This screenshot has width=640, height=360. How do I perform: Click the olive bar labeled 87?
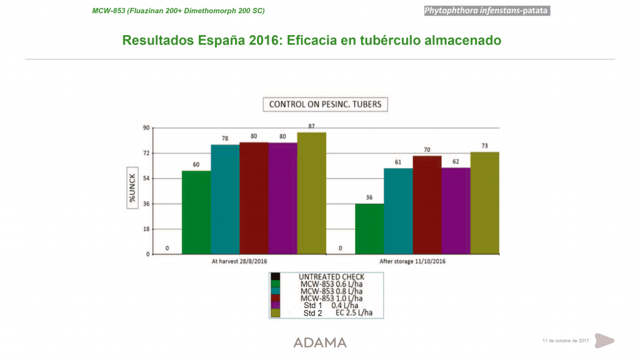pos(311,193)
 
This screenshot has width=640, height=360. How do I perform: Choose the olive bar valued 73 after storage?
pos(484,203)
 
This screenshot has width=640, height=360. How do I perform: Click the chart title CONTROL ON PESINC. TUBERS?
pos(325,104)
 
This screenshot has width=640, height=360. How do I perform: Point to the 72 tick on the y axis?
pos(146,153)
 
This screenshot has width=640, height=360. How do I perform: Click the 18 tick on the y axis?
pos(146,229)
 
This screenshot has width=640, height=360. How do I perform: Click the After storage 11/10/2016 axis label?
pos(412,261)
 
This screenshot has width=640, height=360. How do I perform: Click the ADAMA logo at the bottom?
pos(320,342)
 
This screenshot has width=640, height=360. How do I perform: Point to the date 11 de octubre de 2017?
pos(566,341)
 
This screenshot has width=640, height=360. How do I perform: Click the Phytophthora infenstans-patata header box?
pos(487,11)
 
